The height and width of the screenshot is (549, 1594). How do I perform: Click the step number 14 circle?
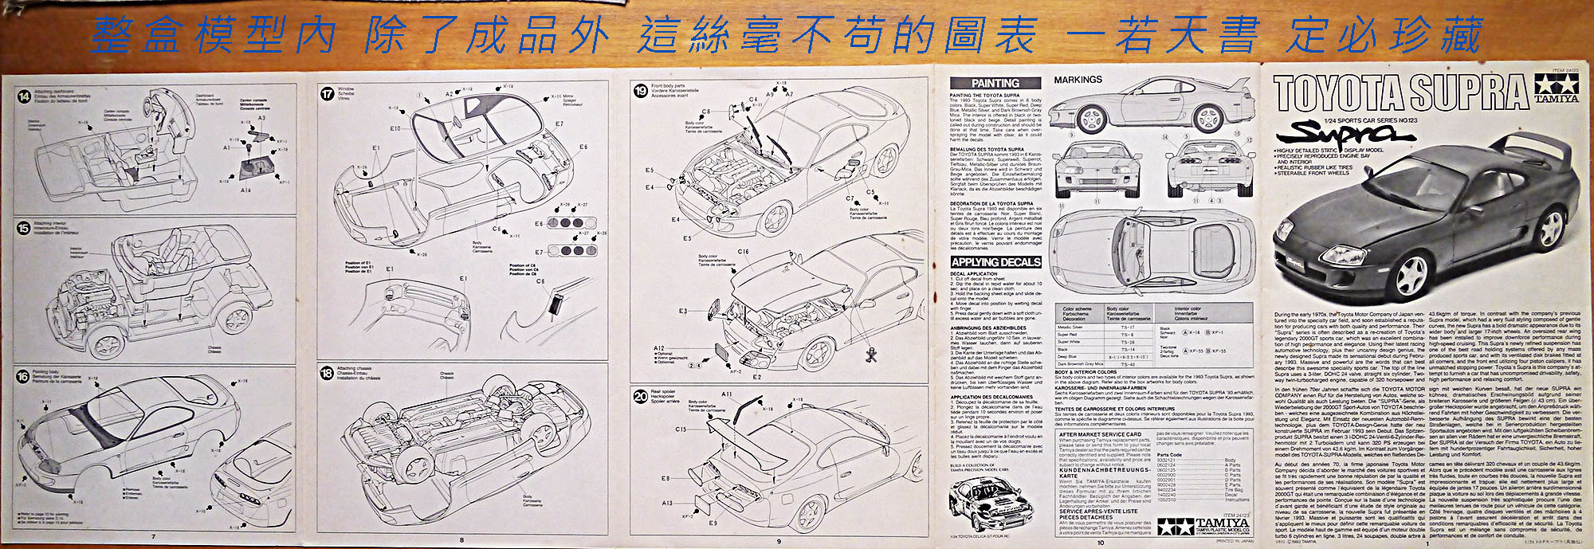[x=25, y=96]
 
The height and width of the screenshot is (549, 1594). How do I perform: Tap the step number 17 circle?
[x=327, y=94]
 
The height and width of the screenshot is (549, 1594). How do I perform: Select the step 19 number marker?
[x=640, y=91]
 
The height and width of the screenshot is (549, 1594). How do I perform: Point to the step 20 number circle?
[x=640, y=396]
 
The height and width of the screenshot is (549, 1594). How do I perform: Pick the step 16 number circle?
[x=23, y=376]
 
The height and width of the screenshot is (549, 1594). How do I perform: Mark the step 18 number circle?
[x=327, y=372]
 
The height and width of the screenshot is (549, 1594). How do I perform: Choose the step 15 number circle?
[x=23, y=228]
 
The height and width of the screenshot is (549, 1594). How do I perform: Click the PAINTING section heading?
[x=995, y=83]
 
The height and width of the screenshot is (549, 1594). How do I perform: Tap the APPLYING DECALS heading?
[x=995, y=261]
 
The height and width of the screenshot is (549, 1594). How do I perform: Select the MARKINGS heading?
[x=1078, y=80]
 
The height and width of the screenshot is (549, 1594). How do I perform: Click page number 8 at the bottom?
[x=461, y=540]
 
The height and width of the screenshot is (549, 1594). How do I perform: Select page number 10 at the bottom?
[x=1101, y=543]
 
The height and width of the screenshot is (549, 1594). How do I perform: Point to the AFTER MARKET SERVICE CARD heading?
[x=1100, y=434]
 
